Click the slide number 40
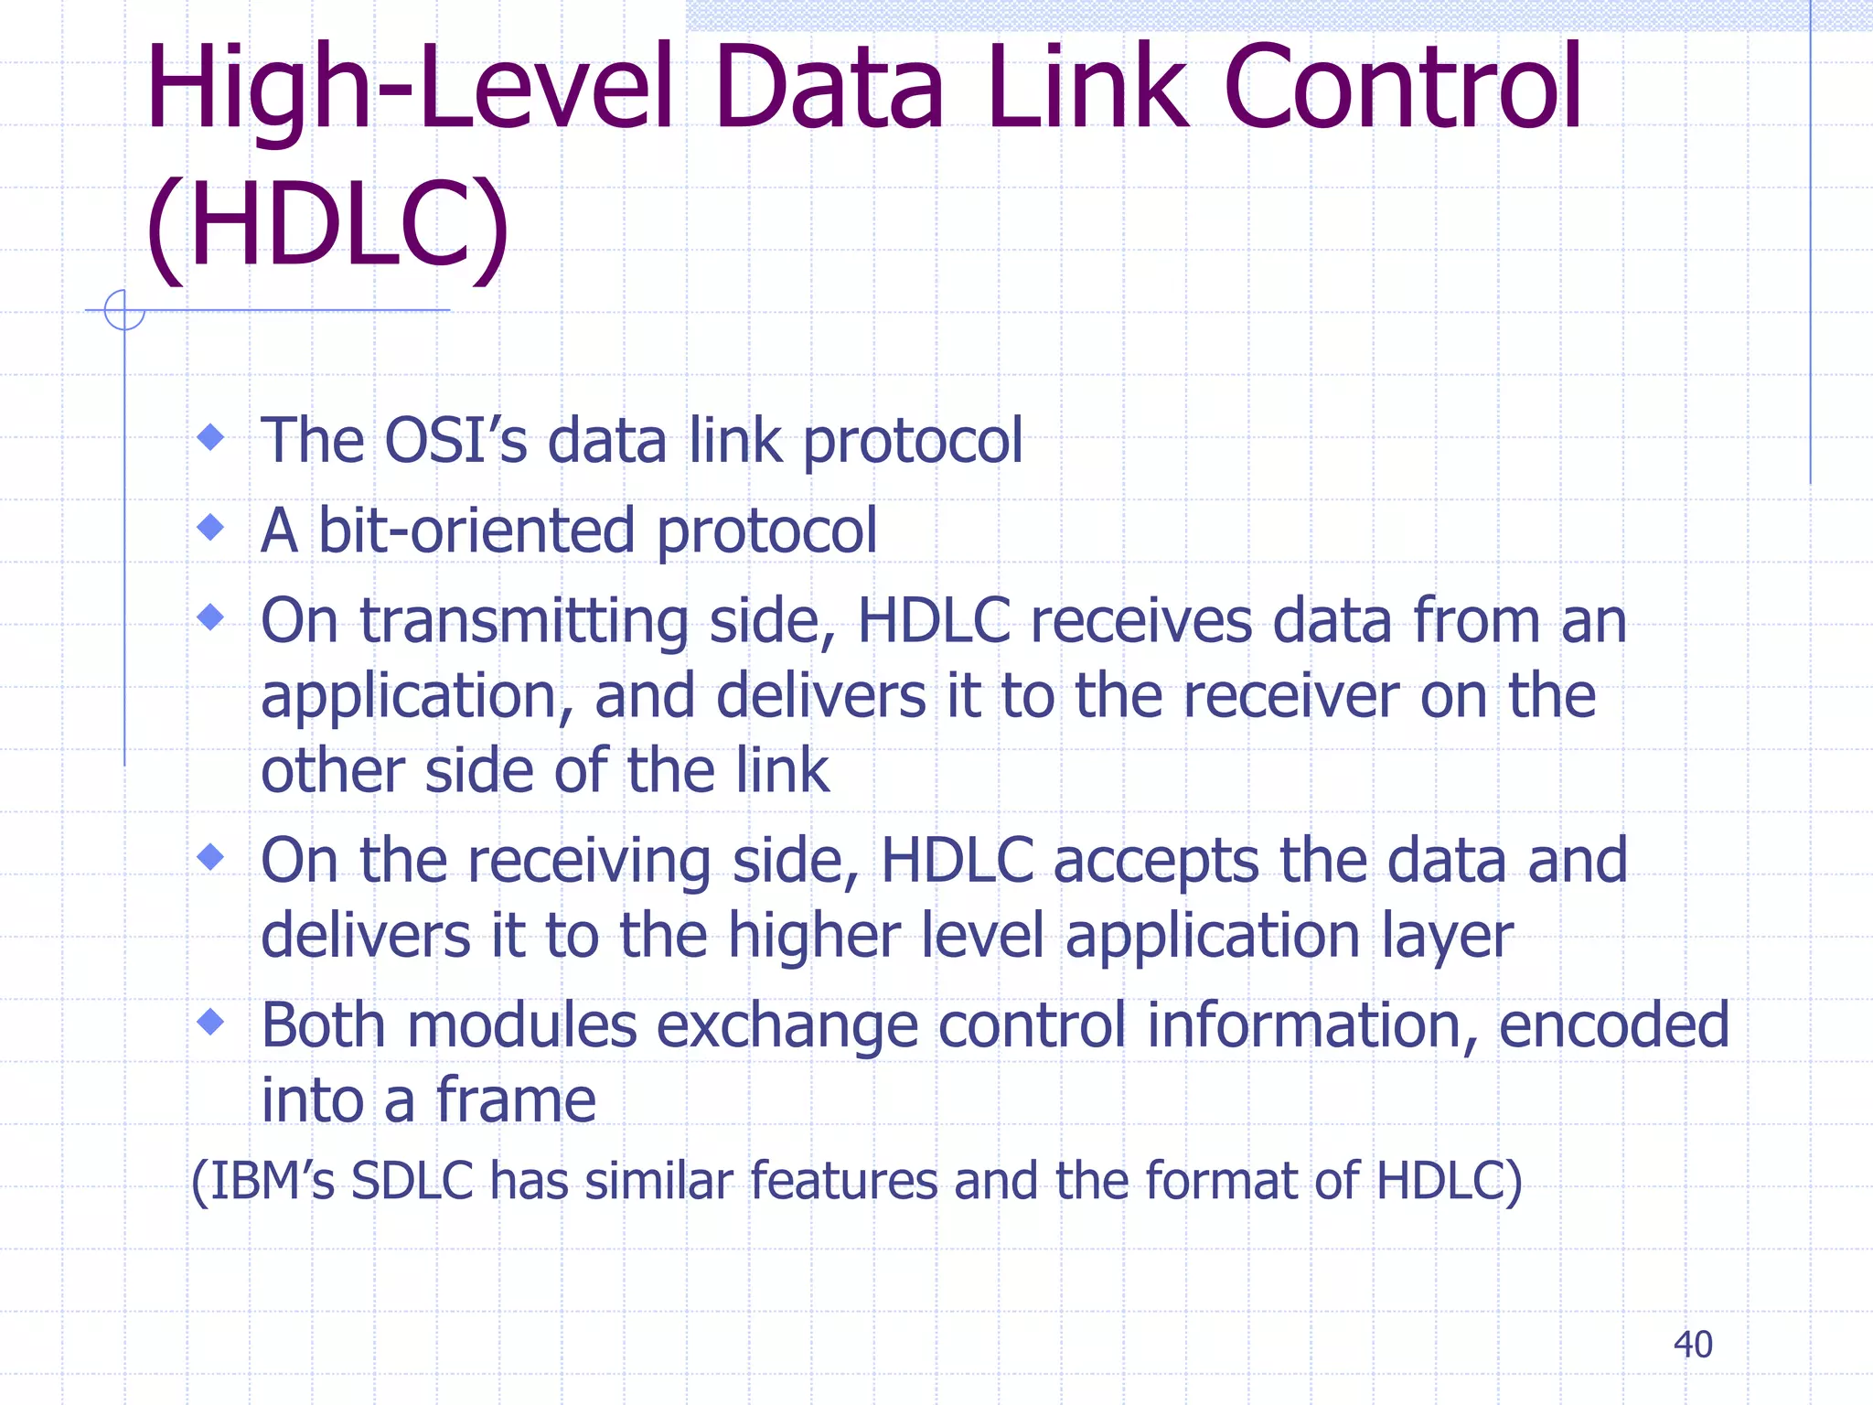[1692, 1345]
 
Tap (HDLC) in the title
[326, 226]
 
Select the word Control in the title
[1402, 88]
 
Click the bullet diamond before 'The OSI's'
[211, 436]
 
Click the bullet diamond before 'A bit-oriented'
[211, 527]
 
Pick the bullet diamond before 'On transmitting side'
[211, 617]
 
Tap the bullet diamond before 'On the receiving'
[211, 856]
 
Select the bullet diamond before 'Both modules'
[211, 1021]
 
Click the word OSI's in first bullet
[455, 440]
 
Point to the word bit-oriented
[476, 531]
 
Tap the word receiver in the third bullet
[1290, 696]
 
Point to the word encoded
[1613, 1024]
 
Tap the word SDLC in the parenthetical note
[412, 1180]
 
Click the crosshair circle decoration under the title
[124, 310]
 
